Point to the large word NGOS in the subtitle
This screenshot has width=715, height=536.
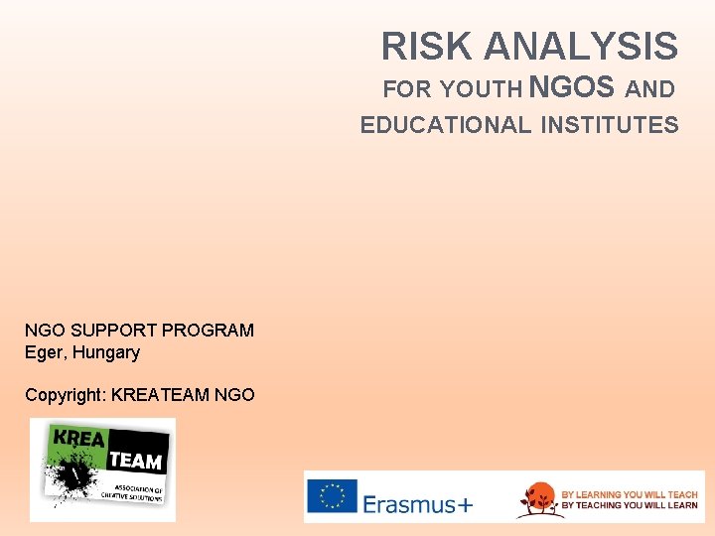point(572,87)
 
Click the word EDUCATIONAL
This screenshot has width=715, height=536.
point(446,125)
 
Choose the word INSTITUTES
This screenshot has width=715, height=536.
point(610,125)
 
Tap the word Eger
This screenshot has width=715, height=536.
point(43,352)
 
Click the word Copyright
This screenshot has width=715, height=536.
point(65,395)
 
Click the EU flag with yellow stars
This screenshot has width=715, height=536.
point(332,496)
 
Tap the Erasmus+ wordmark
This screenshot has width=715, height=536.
point(417,504)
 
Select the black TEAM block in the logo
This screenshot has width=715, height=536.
point(134,460)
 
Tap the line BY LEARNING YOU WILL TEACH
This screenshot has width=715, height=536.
point(630,493)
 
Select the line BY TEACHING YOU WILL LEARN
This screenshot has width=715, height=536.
point(630,505)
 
